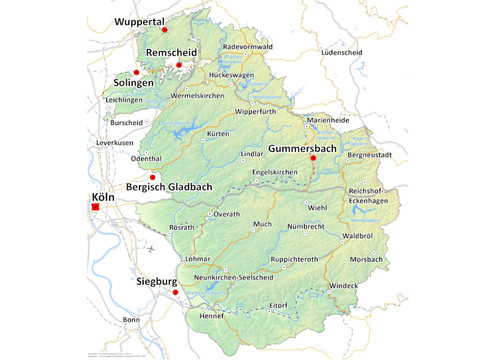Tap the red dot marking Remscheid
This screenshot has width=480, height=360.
(179, 65)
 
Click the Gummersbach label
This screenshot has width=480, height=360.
(302, 148)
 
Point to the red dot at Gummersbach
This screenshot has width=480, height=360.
(313, 158)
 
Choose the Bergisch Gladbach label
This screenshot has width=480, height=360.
(167, 187)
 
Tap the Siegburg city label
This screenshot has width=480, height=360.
(156, 283)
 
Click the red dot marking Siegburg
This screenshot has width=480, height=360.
(174, 292)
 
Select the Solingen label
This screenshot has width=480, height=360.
(133, 82)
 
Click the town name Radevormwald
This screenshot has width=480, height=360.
(247, 46)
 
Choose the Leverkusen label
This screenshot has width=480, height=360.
(115, 143)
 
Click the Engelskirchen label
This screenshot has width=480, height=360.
(275, 172)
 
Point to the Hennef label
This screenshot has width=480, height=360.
(212, 316)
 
